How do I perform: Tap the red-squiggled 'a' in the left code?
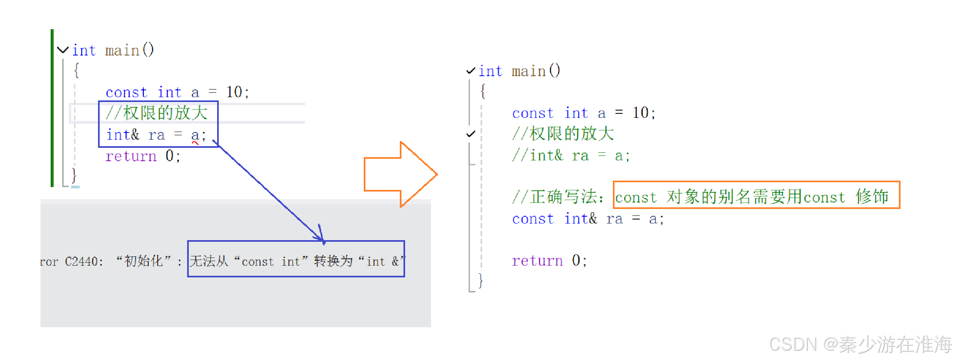(195, 135)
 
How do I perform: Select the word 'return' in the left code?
(131, 156)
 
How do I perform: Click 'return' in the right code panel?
(537, 261)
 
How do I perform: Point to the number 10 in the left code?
(234, 92)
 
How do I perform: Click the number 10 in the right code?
(640, 113)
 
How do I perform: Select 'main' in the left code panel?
(122, 51)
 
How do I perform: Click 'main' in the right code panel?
(529, 71)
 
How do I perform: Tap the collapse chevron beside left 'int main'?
(63, 50)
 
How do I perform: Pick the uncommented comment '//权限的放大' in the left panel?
(157, 113)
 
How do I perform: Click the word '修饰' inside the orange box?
(872, 197)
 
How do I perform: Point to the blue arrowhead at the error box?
(322, 239)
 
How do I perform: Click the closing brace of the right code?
(481, 280)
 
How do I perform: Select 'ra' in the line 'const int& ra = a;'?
(614, 219)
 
